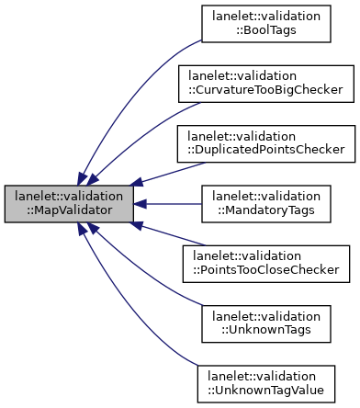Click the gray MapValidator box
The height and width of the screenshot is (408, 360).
point(69,204)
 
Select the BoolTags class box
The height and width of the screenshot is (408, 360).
point(266,24)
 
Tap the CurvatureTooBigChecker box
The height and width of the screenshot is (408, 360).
point(264,84)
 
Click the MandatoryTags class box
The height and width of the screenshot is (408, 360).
point(266,204)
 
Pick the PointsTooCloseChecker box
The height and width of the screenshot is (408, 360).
point(264,264)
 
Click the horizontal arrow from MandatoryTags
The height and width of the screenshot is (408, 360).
point(170,204)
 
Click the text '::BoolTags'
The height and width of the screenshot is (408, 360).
point(266,31)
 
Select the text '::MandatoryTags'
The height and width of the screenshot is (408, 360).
point(266,211)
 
